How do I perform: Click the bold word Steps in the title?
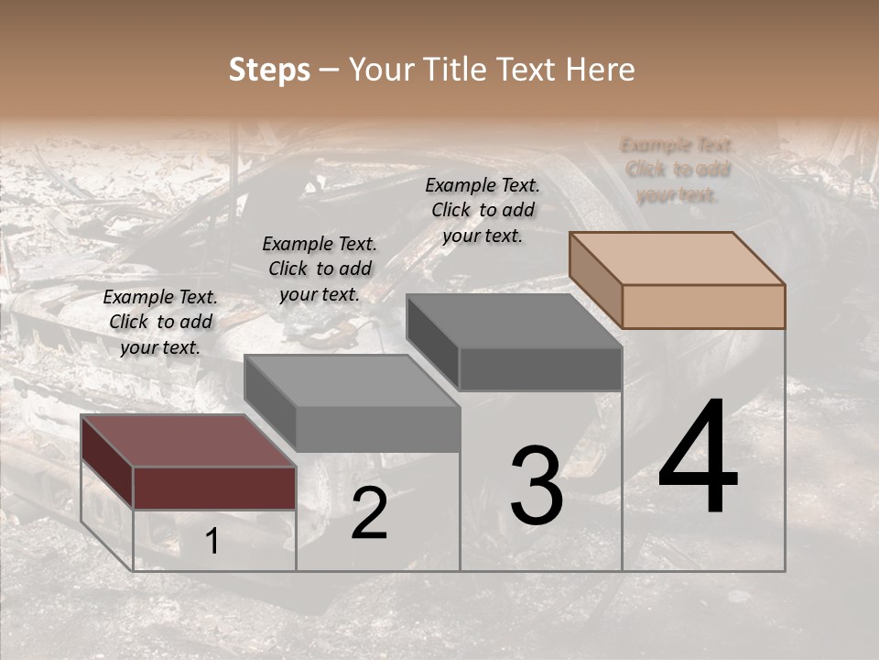tap(269, 70)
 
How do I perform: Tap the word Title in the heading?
tap(457, 70)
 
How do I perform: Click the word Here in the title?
tap(601, 70)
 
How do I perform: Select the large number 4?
tap(698, 457)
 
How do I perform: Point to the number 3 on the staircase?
tap(536, 485)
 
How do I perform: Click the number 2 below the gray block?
tap(369, 513)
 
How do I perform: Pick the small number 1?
tap(212, 542)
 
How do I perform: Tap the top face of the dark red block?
tap(188, 441)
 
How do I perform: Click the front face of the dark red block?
tap(214, 488)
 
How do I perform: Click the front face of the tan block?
tap(703, 306)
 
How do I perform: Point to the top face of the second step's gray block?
tap(352, 380)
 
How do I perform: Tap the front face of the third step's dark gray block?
tap(540, 369)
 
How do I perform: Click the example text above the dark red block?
tap(160, 323)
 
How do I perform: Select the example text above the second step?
tap(320, 269)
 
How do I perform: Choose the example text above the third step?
tap(483, 210)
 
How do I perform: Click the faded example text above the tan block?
tap(678, 170)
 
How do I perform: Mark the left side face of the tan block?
tap(595, 280)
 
